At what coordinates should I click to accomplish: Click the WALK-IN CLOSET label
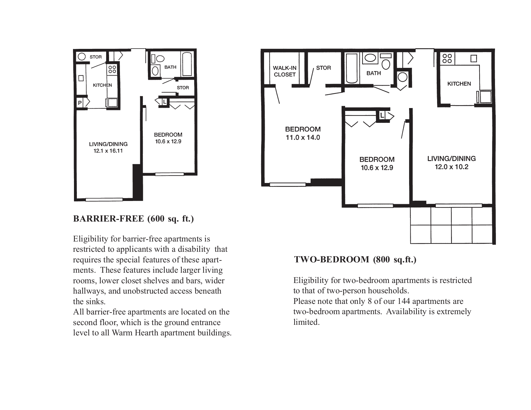pyautogui.click(x=285, y=71)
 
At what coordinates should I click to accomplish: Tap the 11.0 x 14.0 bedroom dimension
pyautogui.click(x=303, y=138)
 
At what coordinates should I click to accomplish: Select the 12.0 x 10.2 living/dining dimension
pyautogui.click(x=451, y=167)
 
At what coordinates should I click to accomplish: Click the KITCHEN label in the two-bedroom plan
pyautogui.click(x=459, y=84)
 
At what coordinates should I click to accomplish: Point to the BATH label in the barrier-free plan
pyautogui.click(x=170, y=67)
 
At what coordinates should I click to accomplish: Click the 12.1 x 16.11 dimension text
pyautogui.click(x=108, y=151)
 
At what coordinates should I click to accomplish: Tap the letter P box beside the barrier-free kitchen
pyautogui.click(x=80, y=103)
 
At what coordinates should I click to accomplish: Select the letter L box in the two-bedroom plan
pyautogui.click(x=382, y=115)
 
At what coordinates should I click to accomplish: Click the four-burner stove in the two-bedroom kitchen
pyautogui.click(x=447, y=59)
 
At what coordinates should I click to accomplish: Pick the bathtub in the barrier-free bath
pyautogui.click(x=187, y=64)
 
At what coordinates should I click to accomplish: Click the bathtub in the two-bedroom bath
pyautogui.click(x=352, y=68)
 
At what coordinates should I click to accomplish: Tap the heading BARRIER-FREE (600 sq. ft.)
pyautogui.click(x=133, y=219)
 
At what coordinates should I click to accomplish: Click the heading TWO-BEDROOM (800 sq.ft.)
pyautogui.click(x=355, y=260)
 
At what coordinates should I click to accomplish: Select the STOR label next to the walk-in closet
pyautogui.click(x=324, y=68)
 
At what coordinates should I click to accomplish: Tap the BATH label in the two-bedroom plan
pyautogui.click(x=374, y=73)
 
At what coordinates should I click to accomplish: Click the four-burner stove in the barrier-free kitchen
pyautogui.click(x=112, y=69)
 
